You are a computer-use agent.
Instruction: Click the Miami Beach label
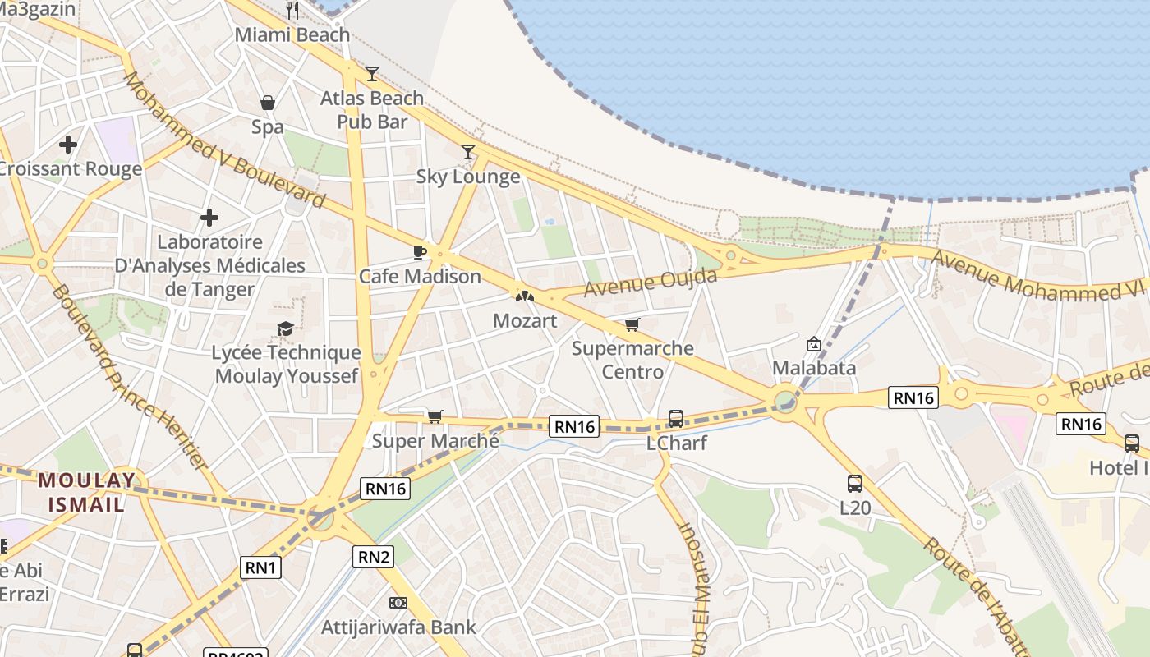tap(292, 35)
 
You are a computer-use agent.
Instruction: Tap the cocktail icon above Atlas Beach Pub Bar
tap(372, 74)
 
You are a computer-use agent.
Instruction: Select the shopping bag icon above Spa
tap(268, 103)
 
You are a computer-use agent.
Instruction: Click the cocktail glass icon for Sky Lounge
tap(468, 151)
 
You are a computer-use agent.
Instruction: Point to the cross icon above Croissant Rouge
tap(68, 145)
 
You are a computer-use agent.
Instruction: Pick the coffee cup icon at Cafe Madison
tap(420, 252)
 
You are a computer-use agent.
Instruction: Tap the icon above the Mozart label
tap(524, 295)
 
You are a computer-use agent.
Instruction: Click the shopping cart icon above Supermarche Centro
tap(632, 325)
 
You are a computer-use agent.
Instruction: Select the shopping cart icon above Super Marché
tap(435, 416)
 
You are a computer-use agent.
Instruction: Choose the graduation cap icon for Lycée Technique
tap(285, 329)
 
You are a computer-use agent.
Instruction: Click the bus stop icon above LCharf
tap(676, 419)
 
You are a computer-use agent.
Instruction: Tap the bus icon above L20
tap(855, 484)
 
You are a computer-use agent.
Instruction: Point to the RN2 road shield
tap(374, 557)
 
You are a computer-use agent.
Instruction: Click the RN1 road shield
tap(261, 567)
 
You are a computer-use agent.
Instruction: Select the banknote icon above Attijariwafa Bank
tap(398, 603)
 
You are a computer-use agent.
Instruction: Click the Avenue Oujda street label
tap(651, 282)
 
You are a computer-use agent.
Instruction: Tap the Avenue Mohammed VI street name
tap(1038, 277)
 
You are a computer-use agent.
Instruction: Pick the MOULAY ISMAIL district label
tap(86, 492)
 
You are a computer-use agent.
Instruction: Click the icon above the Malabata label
tap(814, 344)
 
